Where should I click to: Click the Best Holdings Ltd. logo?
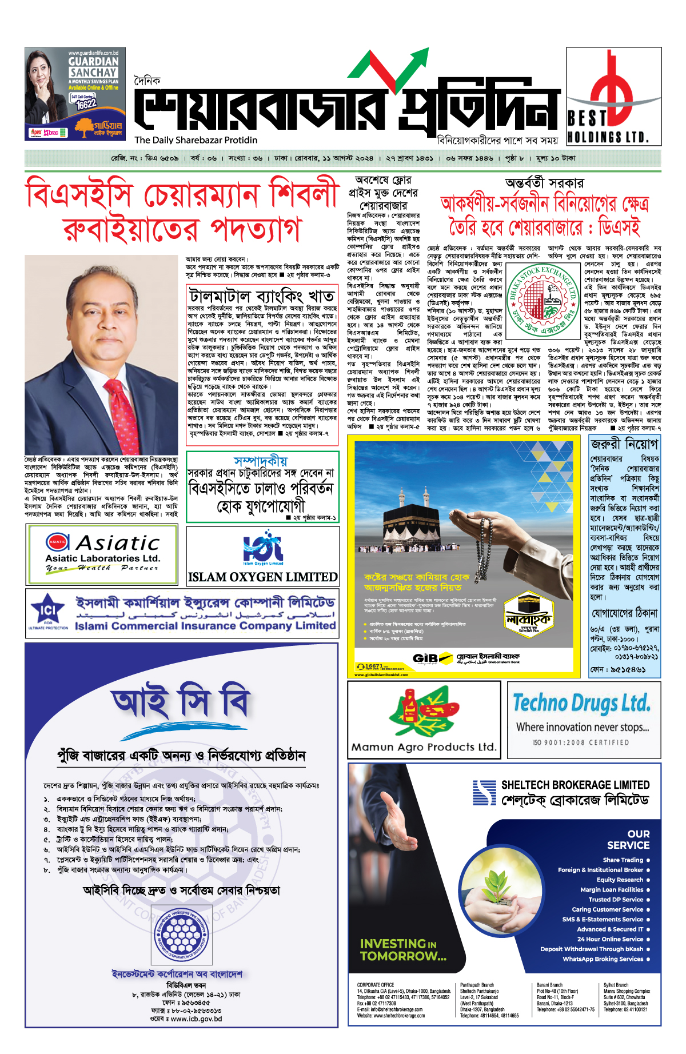click(613, 96)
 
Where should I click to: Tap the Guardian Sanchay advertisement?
click(75, 94)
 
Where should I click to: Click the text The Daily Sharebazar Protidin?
click(196, 140)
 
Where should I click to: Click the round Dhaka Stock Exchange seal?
click(543, 301)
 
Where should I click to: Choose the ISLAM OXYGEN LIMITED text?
click(263, 577)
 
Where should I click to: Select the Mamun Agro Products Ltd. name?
click(424, 747)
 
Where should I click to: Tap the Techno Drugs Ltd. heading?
click(581, 703)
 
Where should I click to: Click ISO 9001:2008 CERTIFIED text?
click(581, 742)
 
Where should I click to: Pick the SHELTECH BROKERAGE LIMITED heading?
click(575, 785)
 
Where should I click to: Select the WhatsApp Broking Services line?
click(603, 959)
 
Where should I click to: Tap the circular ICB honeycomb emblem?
click(181, 935)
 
